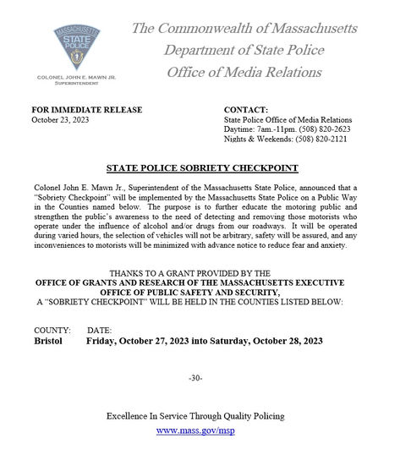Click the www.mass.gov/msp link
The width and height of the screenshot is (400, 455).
click(195, 430)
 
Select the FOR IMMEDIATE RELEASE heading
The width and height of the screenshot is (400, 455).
click(86, 110)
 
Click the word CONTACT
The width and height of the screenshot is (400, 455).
click(246, 110)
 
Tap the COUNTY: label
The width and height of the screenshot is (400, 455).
click(52, 329)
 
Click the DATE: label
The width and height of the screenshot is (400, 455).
click(100, 329)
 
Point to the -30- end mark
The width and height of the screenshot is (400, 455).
click(195, 377)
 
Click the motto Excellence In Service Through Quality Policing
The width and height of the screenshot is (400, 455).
click(195, 416)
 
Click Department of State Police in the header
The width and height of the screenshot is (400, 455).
click(245, 50)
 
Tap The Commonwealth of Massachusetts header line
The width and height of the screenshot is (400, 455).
click(244, 29)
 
